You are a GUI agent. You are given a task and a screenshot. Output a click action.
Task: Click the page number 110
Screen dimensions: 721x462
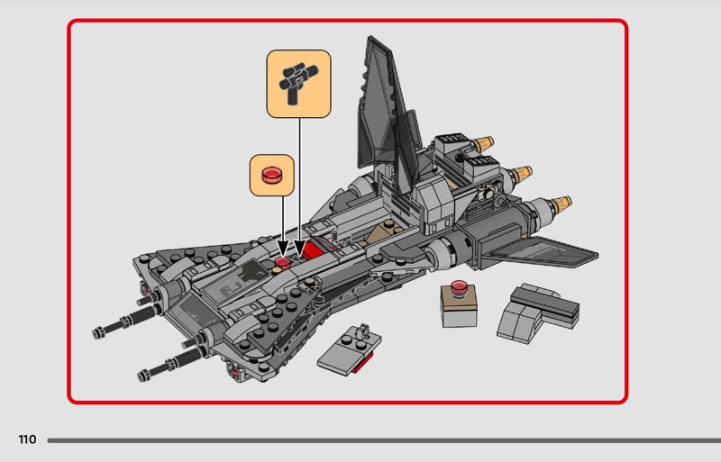(x=27, y=439)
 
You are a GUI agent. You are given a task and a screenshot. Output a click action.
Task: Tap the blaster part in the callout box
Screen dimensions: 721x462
(x=298, y=82)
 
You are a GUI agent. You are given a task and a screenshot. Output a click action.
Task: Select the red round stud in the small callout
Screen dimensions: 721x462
(x=271, y=175)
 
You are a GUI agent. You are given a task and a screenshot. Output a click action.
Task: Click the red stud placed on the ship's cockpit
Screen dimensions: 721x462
(x=282, y=262)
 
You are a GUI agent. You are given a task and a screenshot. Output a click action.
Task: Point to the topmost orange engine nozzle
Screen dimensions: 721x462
(x=483, y=144)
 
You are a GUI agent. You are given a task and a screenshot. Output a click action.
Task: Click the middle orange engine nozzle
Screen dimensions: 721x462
(x=521, y=174)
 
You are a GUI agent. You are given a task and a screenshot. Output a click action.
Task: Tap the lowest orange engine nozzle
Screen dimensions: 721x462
(x=560, y=205)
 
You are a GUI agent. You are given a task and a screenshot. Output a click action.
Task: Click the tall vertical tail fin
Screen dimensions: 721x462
(x=386, y=111)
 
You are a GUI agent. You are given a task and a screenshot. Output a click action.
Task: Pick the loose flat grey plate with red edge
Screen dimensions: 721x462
(x=350, y=349)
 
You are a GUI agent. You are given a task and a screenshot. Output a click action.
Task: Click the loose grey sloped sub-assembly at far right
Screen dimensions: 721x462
(x=538, y=312)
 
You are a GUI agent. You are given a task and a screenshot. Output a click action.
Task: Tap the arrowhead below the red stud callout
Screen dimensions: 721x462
(x=283, y=248)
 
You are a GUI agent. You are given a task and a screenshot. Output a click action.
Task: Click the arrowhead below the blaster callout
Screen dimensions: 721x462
(x=300, y=249)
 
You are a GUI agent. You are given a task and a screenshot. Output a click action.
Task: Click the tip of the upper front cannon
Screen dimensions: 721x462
(x=97, y=333)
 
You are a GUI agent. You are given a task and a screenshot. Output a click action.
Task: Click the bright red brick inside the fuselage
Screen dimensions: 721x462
(x=312, y=251)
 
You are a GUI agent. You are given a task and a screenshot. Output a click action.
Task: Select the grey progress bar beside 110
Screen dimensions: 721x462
(x=384, y=440)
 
